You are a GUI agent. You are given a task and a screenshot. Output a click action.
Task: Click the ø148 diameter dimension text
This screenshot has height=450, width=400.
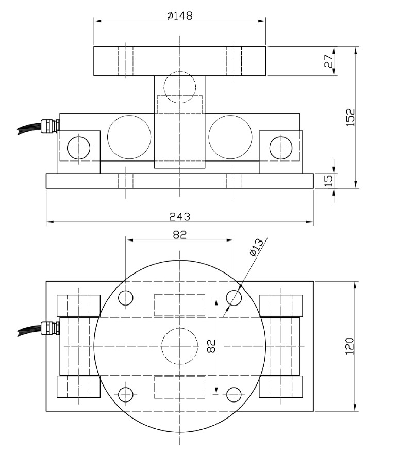click(x=179, y=15)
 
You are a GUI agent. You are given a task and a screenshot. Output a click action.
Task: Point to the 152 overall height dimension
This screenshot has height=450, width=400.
click(x=351, y=118)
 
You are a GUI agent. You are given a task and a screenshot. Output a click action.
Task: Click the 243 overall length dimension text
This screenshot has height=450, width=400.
click(x=179, y=216)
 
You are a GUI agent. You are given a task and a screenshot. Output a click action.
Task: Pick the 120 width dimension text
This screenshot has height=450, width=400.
click(x=351, y=346)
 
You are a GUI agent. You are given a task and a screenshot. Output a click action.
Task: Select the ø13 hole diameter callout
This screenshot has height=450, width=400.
click(x=256, y=247)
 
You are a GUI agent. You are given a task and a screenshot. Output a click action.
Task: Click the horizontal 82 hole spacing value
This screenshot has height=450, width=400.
click(x=179, y=234)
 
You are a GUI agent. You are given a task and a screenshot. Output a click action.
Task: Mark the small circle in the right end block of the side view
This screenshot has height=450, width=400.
click(x=280, y=147)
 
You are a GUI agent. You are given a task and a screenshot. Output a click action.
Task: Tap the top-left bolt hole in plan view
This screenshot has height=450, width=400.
click(x=125, y=297)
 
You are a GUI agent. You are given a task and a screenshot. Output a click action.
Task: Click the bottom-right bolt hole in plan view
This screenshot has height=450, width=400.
click(x=234, y=394)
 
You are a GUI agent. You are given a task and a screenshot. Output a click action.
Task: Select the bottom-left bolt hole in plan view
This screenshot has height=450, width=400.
click(x=125, y=394)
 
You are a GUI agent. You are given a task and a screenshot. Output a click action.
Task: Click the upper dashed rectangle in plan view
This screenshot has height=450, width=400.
click(x=179, y=304)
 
